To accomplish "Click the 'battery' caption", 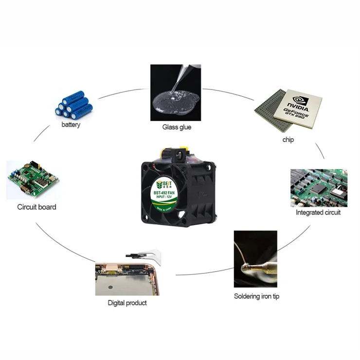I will click(x=71, y=125).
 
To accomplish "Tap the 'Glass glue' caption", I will click(x=177, y=127).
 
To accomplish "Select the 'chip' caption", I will click(x=288, y=140).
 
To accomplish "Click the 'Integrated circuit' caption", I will click(x=318, y=213).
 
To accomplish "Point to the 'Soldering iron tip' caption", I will click(x=256, y=296).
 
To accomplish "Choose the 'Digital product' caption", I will click(x=127, y=303).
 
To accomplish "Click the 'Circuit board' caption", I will click(x=36, y=207).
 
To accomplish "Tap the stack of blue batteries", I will click(x=72, y=105).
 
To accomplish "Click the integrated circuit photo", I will click(x=319, y=188).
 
